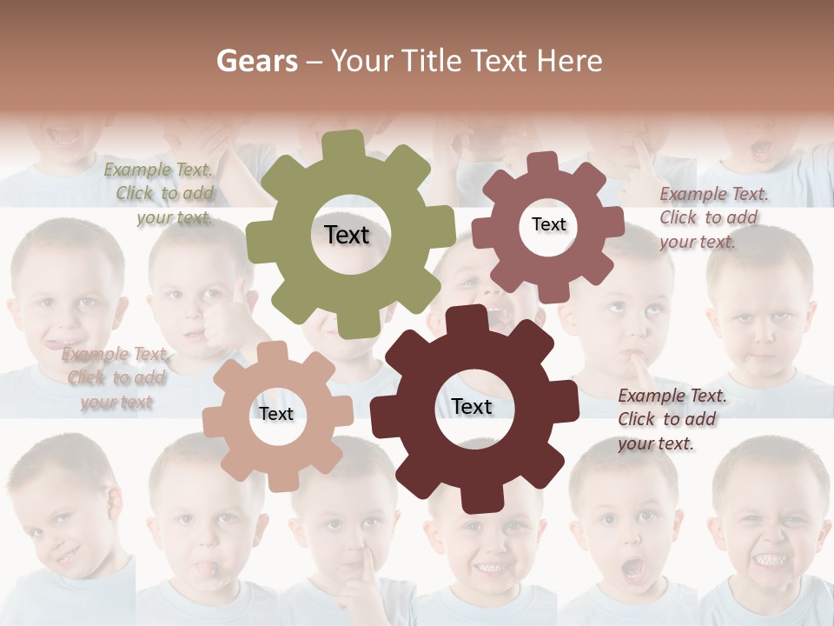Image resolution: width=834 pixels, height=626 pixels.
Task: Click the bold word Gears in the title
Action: [x=255, y=61]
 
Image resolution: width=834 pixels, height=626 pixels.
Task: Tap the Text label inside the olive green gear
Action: [x=347, y=235]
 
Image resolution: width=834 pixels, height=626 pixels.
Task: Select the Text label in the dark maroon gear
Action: [x=472, y=407]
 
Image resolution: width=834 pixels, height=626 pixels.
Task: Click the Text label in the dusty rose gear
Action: [x=548, y=224]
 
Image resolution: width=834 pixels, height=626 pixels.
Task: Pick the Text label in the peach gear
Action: [x=275, y=415]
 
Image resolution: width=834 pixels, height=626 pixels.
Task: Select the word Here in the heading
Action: [x=569, y=61]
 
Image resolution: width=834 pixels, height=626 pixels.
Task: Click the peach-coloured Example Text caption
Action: [x=116, y=378]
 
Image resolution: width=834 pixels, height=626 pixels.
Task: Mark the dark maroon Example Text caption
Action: [x=670, y=419]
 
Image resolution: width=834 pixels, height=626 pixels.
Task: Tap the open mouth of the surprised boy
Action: [x=632, y=569]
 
